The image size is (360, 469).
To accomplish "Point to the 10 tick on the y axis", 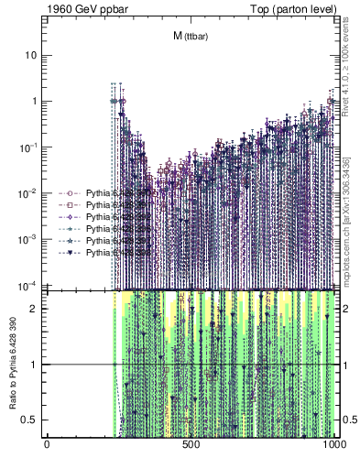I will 31,55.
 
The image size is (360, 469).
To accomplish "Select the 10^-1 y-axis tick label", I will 27,147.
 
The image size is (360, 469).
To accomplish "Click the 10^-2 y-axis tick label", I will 27,193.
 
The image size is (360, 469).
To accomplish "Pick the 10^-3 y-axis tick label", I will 27,239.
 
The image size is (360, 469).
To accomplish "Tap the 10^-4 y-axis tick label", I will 27,285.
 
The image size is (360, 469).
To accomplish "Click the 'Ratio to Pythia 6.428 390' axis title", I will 13,365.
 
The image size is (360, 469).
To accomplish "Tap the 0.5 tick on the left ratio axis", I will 31,420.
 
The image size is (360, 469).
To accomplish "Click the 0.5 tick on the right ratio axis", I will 349,420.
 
